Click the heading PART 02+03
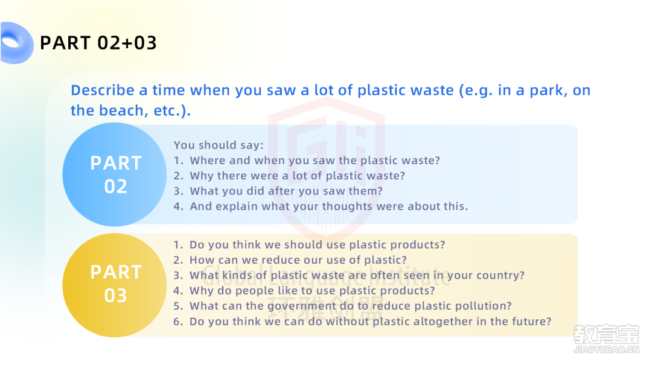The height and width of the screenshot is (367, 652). (98, 43)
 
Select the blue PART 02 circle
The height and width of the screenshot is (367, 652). (115, 174)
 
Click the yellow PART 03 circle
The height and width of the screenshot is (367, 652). (115, 285)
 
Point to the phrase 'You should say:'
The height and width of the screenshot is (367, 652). (219, 145)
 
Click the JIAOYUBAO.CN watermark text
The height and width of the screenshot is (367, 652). (606, 349)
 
